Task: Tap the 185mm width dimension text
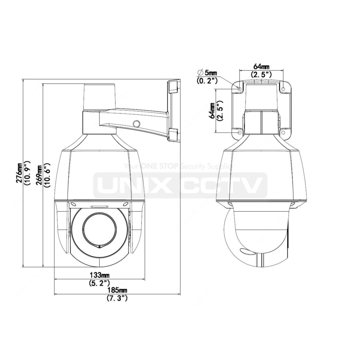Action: pos(116,290)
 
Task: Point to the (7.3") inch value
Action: pos(116,298)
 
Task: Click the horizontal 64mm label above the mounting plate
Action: pos(261,66)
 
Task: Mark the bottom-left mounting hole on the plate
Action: pos(239,133)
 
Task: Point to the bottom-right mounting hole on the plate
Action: pos(283,133)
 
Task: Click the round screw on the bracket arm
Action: pos(137,123)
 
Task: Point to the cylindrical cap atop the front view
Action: pos(100,97)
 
